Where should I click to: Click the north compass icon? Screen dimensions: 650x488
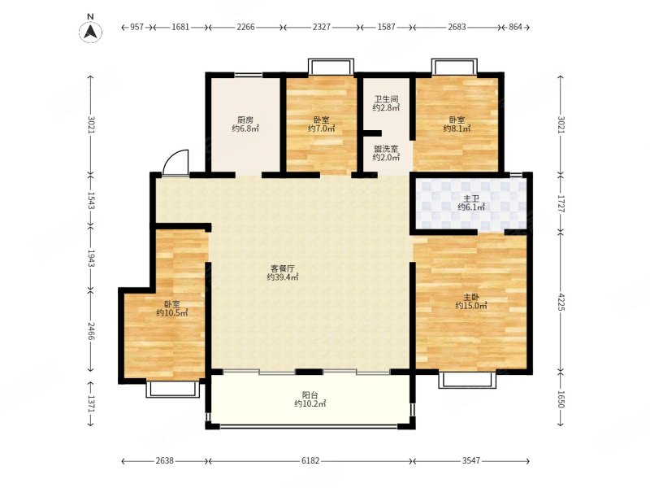coord(90,31)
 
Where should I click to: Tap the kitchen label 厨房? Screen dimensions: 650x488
coord(245,120)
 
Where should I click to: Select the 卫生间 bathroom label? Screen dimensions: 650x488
coord(386,99)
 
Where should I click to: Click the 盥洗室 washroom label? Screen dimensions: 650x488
coord(386,149)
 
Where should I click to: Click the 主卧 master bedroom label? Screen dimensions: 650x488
coord(471,297)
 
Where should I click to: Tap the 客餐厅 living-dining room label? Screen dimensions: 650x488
coord(282,268)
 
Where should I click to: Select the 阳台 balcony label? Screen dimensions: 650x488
coord(310,395)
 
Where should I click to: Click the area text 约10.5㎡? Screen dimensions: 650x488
coord(172,312)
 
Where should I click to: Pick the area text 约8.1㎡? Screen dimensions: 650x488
coord(457,129)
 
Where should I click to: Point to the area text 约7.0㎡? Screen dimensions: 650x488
coord(321,129)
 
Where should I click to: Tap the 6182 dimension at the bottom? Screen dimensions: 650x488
coord(310,460)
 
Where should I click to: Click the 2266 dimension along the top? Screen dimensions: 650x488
coord(246,27)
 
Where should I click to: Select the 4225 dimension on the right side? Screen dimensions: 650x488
coord(561,302)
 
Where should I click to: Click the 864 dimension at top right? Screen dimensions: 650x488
coord(515,27)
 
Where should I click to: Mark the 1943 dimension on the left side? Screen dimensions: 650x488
coord(92,259)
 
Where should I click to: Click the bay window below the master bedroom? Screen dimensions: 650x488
coord(467,380)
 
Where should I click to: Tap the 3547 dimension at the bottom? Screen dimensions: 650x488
coord(471,460)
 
